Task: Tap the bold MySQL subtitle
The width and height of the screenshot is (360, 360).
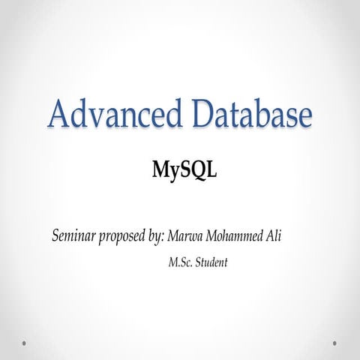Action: [x=184, y=170]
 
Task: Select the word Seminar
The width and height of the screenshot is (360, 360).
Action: [x=74, y=236]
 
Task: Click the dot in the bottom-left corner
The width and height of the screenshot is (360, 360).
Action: [x=24, y=343]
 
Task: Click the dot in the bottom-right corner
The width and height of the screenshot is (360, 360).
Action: [x=334, y=343]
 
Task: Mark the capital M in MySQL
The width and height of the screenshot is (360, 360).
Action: [x=160, y=169]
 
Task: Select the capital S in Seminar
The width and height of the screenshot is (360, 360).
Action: [x=55, y=236]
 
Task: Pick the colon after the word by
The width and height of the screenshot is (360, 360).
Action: [x=166, y=238]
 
